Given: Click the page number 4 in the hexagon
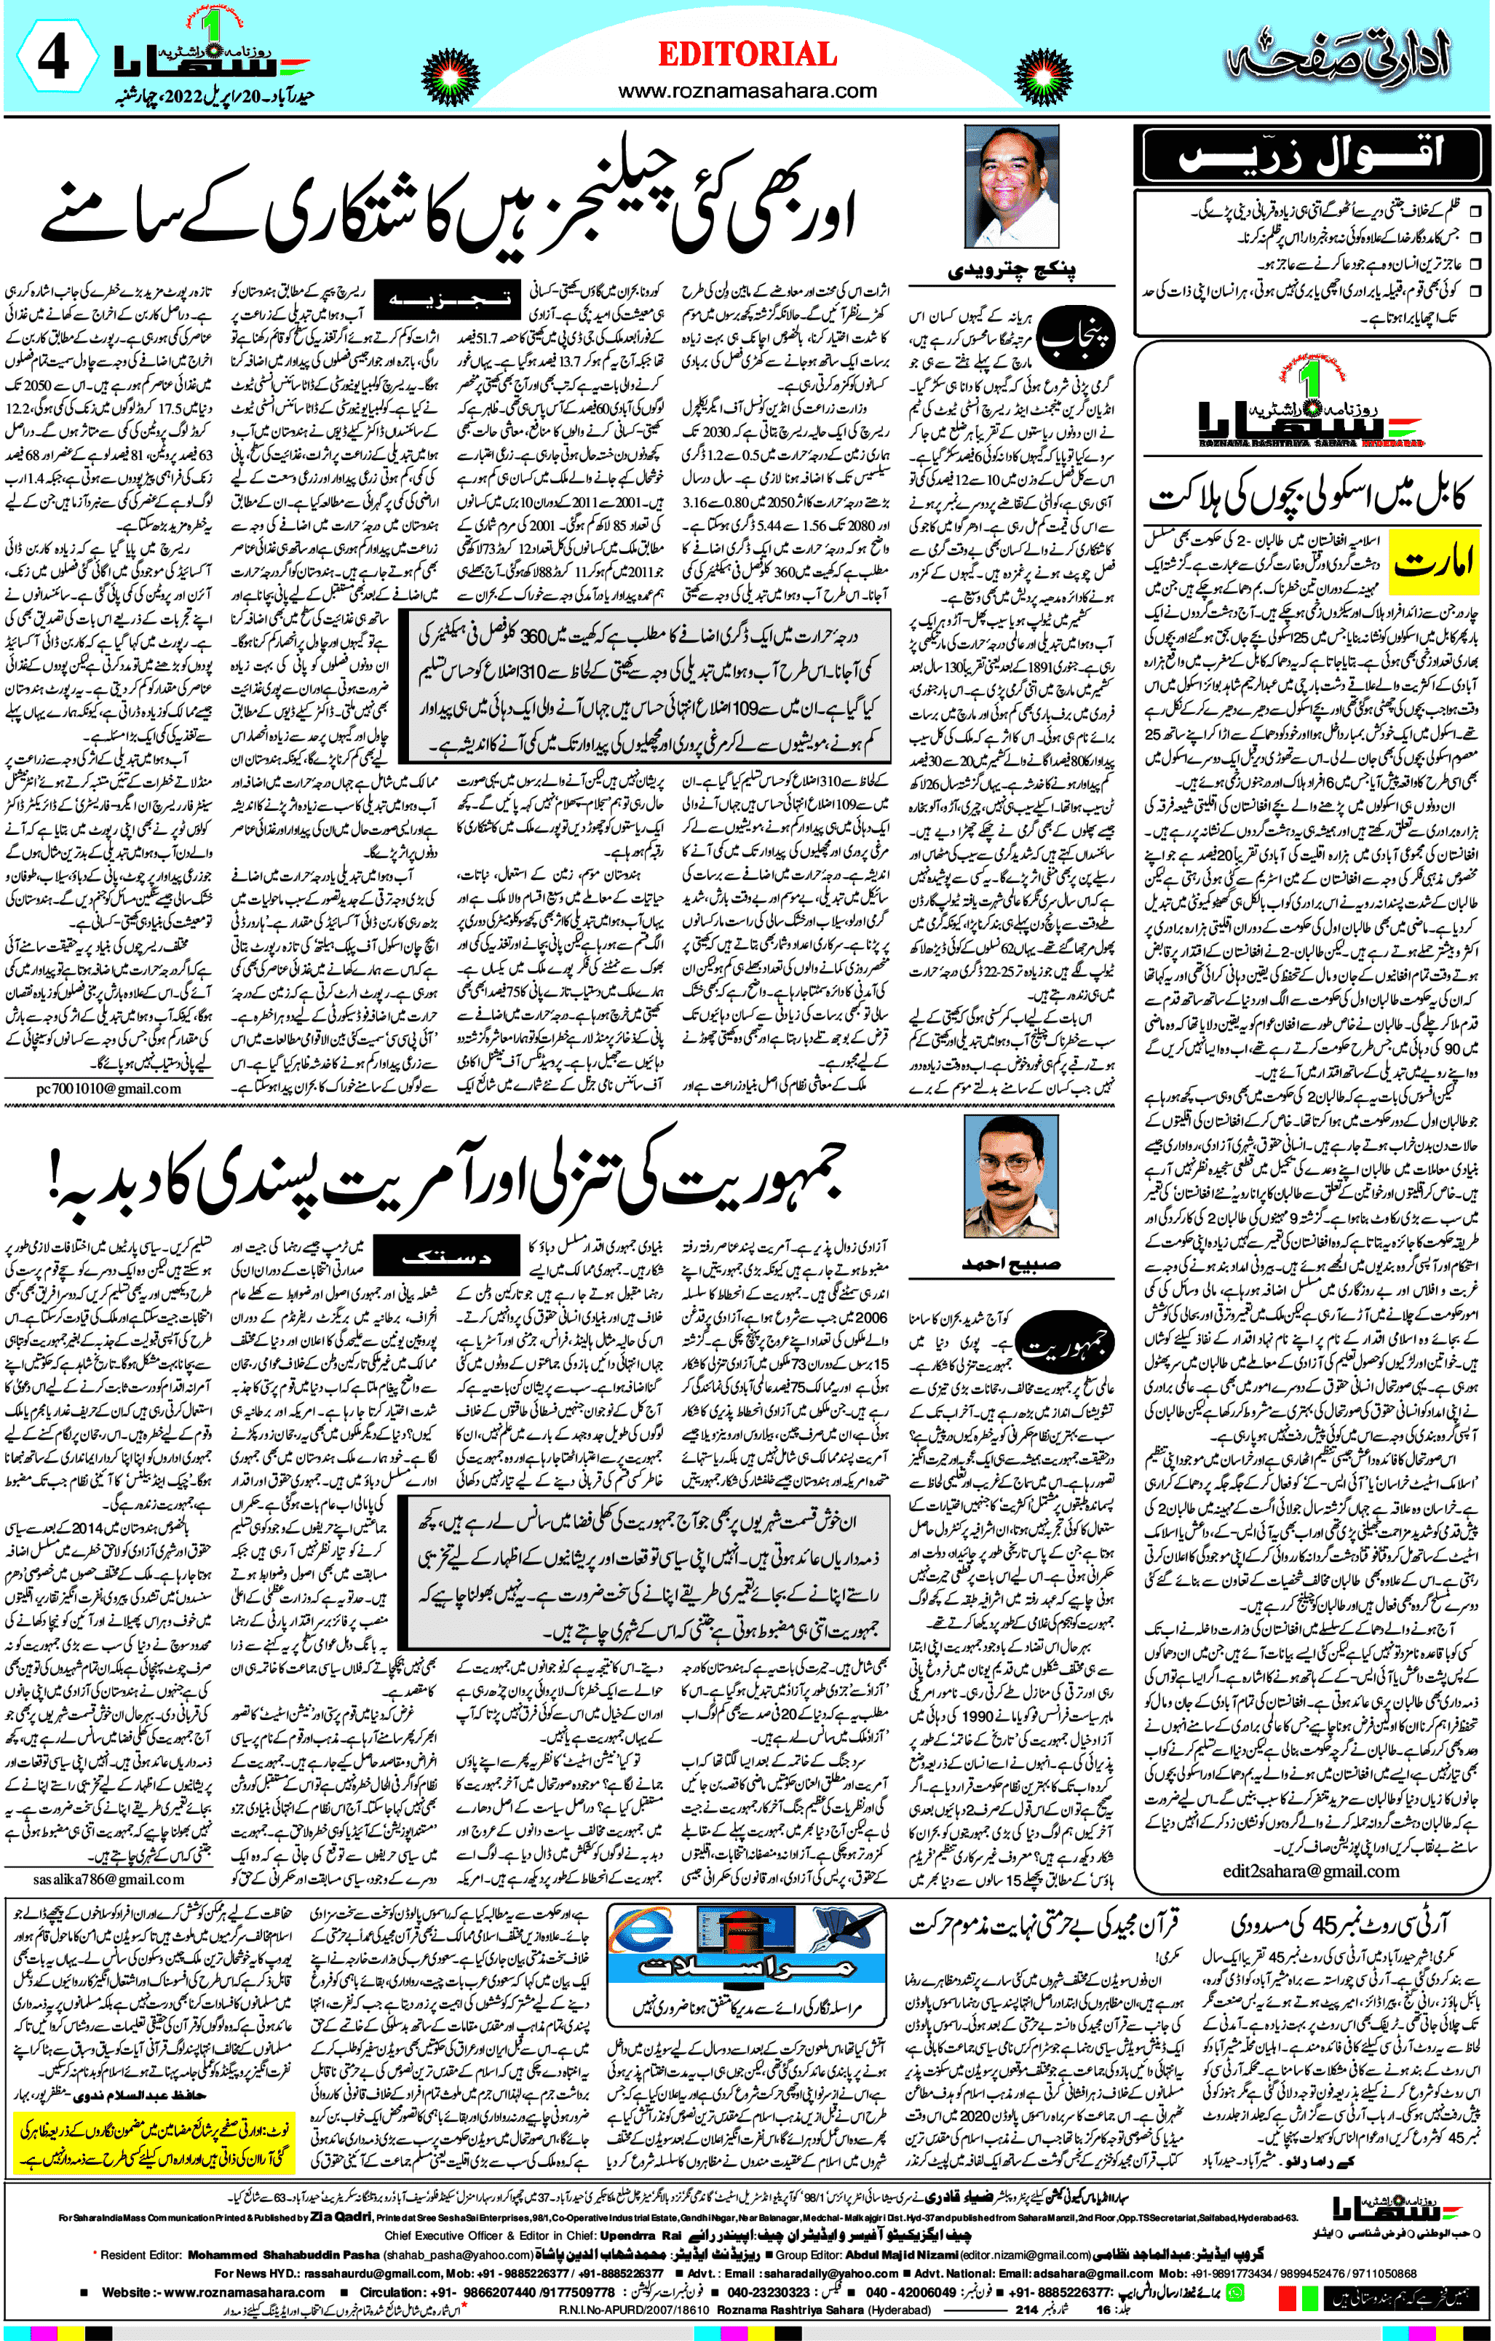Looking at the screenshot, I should (x=53, y=58).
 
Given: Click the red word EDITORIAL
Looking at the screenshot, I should (x=747, y=55).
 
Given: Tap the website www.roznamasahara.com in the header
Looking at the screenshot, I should (x=747, y=92).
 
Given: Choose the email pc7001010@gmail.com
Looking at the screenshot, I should (x=109, y=1089).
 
